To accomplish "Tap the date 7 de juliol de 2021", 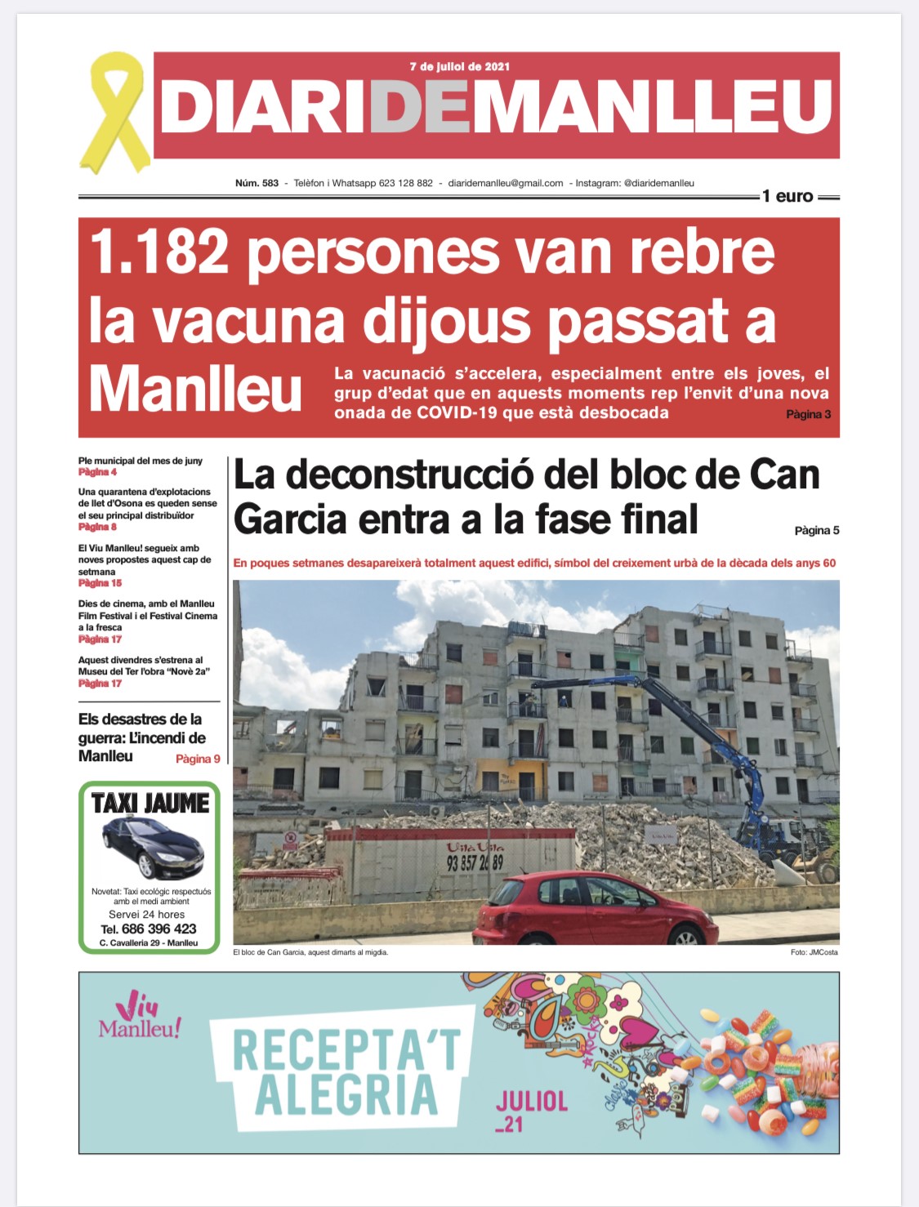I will tap(459, 66).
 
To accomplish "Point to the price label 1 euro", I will tap(787, 196).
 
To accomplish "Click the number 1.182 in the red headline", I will tap(159, 252).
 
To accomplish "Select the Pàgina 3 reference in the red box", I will tap(808, 414).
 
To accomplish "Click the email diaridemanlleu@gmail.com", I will tap(506, 183).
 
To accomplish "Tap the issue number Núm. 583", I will tap(257, 183).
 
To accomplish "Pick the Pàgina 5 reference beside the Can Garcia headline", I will tap(816, 530).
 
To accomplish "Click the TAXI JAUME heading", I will tap(150, 804).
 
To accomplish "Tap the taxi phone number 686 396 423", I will tap(158, 929).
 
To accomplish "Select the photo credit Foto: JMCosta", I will tap(814, 952).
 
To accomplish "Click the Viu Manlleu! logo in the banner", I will tap(139, 1017).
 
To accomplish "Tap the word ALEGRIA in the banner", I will tap(346, 1095).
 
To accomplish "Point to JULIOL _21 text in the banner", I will tap(530, 1111).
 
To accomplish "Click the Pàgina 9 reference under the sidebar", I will tap(198, 759).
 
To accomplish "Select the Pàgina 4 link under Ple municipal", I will tap(97, 472).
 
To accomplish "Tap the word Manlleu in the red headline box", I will tap(195, 390).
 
